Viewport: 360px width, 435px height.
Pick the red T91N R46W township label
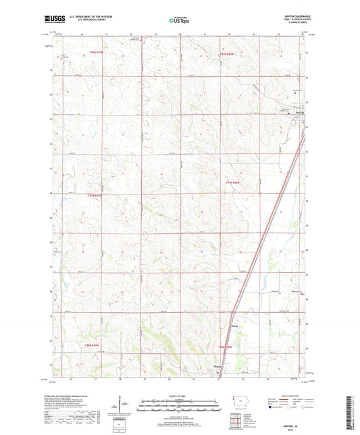[233, 182]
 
